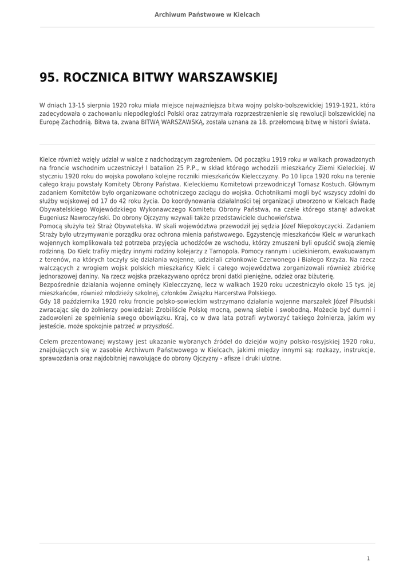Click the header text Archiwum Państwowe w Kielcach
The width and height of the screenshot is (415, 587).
pyautogui.click(x=207, y=14)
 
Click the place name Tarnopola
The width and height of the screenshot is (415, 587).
pyautogui.click(x=242, y=251)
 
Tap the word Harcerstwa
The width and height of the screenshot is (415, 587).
pyautogui.click(x=211, y=293)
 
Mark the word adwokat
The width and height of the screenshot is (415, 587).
pyautogui.click(x=359, y=210)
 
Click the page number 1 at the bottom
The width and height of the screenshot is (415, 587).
pyautogui.click(x=368, y=558)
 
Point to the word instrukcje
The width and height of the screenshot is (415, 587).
pyautogui.click(x=355, y=350)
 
